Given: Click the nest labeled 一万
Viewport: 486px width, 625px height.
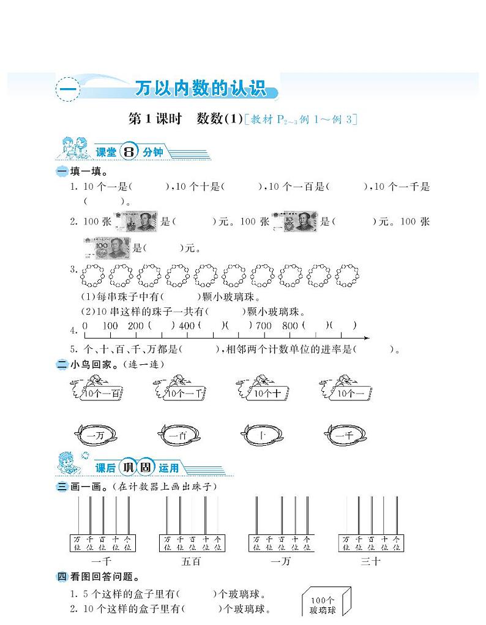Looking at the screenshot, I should [95, 435].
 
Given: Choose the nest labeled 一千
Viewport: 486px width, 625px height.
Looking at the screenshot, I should [345, 435].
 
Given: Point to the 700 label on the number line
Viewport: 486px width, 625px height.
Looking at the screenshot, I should [263, 326].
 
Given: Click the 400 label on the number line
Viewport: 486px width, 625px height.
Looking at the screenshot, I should [187, 326].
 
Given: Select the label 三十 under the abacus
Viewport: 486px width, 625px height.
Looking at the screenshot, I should [370, 560].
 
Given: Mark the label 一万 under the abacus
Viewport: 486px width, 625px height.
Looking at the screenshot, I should [280, 560].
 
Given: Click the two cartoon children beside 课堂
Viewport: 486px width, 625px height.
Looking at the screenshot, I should [73, 149].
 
